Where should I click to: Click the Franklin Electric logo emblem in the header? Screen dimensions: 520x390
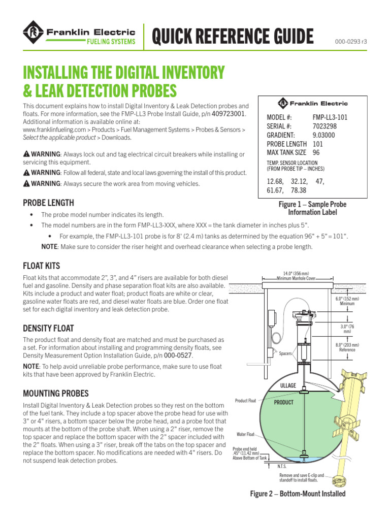33,36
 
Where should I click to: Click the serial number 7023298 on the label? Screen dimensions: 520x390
324,126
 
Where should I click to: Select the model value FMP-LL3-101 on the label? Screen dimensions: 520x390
330,117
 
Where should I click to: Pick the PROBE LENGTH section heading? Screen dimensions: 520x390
49,203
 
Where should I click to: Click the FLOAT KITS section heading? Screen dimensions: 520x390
42,265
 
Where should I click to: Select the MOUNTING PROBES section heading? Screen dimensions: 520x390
56,393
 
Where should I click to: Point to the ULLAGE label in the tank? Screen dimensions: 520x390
288,386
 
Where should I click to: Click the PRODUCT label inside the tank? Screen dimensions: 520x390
284,402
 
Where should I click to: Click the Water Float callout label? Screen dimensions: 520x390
246,435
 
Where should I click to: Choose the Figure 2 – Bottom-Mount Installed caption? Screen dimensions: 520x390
298,494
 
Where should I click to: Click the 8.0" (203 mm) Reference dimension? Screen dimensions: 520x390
347,347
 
